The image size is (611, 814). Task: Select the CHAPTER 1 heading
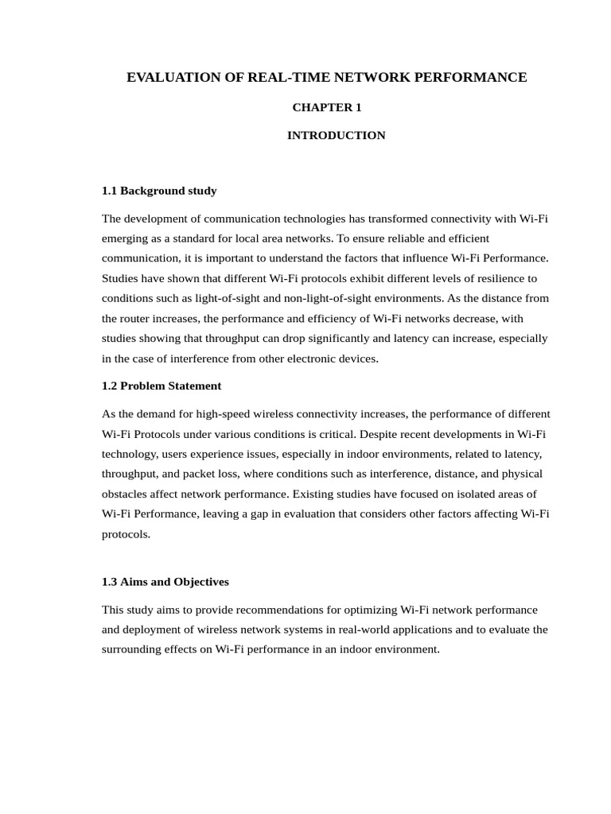pyautogui.click(x=327, y=107)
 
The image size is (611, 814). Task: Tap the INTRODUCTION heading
pyautogui.click(x=336, y=135)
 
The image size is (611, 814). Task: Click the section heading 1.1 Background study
pyautogui.click(x=159, y=191)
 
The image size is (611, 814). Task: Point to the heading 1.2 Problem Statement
pyautogui.click(x=162, y=386)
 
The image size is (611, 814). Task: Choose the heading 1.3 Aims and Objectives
pyautogui.click(x=165, y=582)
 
